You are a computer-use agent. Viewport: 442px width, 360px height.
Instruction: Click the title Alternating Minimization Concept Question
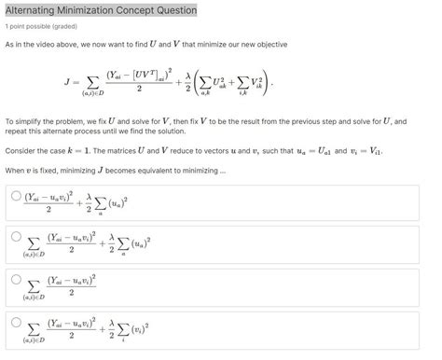tap(101, 10)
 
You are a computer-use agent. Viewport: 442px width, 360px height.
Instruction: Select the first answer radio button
tap(16, 196)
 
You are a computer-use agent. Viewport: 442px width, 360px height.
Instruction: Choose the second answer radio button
tap(16, 237)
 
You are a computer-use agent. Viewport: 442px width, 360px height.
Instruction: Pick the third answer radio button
tap(16, 278)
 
